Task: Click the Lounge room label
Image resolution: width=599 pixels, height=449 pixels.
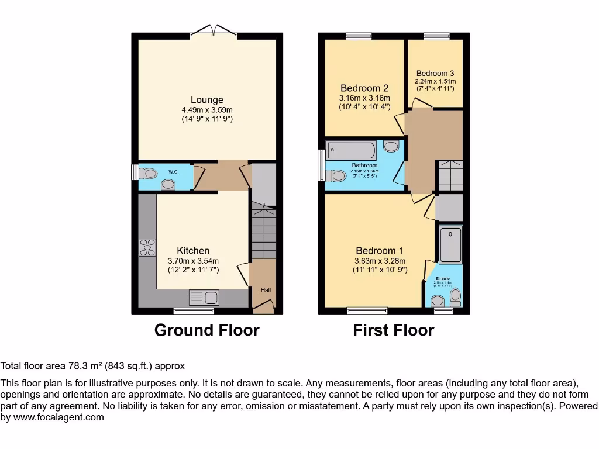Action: pyautogui.click(x=206, y=100)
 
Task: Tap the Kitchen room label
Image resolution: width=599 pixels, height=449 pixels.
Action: pyautogui.click(x=193, y=251)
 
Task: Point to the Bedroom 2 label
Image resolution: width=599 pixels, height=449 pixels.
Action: pyautogui.click(x=364, y=88)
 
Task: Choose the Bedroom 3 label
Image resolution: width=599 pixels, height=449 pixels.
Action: pyautogui.click(x=435, y=73)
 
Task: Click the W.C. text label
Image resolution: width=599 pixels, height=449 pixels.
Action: pyautogui.click(x=174, y=172)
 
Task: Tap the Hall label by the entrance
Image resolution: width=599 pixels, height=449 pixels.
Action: pyautogui.click(x=266, y=289)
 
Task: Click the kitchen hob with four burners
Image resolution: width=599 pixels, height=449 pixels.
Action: pyautogui.click(x=147, y=248)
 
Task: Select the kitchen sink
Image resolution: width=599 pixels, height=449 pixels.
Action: pyautogui.click(x=204, y=298)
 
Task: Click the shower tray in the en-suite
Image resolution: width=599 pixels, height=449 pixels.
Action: pyautogui.click(x=450, y=245)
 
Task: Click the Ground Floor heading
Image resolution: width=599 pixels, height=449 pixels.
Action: pyautogui.click(x=206, y=330)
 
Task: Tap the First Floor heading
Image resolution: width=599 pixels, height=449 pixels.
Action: pyautogui.click(x=393, y=330)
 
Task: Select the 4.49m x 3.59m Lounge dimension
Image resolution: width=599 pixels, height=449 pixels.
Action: pyautogui.click(x=206, y=110)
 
